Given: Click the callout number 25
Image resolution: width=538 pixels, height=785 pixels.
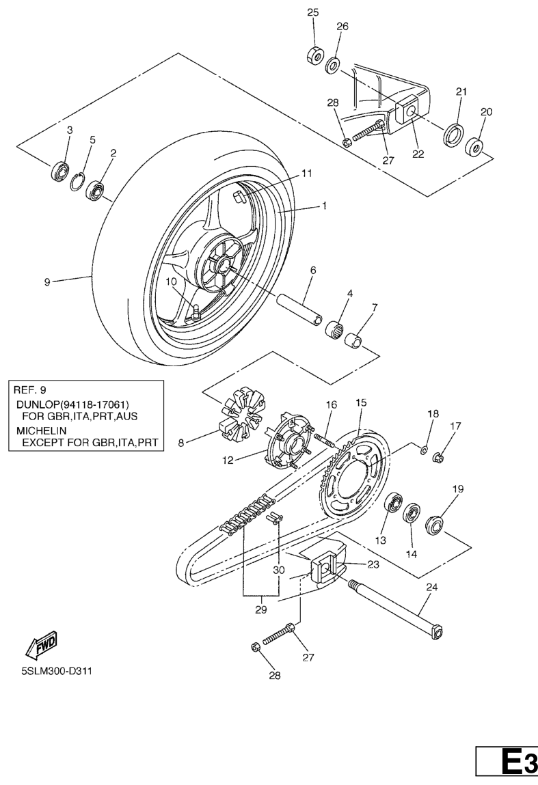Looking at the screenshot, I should pos(312,12).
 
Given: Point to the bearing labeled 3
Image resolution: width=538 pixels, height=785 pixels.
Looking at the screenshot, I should pos(61,169).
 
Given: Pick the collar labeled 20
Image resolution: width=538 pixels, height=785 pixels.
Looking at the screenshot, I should pos(474,147).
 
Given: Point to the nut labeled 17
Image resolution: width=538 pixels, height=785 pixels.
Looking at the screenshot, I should pos(439,456).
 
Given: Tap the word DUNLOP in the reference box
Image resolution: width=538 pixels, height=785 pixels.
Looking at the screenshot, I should pos(36,404).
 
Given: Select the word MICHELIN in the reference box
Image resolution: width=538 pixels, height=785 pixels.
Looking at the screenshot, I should pos(36,430).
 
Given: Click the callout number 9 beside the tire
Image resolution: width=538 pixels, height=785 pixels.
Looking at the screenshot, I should pos(47,281).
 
